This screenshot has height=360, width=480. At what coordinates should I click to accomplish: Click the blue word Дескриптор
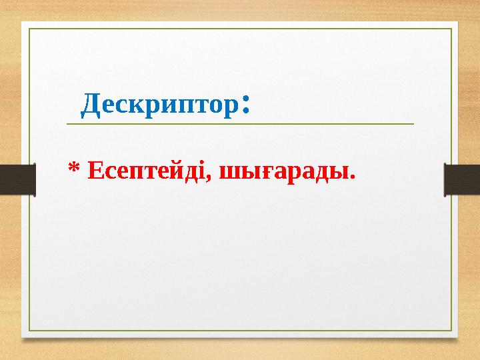click(x=160, y=105)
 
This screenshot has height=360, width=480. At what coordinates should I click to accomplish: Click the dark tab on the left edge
click(x=17, y=180)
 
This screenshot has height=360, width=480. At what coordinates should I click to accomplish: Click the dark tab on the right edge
click(x=462, y=180)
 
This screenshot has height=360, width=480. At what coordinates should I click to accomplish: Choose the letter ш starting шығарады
click(x=229, y=175)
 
